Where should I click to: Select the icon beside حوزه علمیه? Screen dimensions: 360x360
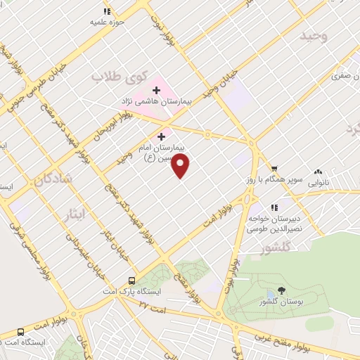pyautogui.click(x=107, y=11)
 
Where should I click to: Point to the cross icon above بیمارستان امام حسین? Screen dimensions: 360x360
pyautogui.click(x=162, y=136)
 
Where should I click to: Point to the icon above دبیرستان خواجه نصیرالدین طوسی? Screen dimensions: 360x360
pyautogui.click(x=274, y=207)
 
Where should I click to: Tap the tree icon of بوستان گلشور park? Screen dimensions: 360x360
pyautogui.click(x=282, y=290)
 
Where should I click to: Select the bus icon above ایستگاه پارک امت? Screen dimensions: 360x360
pyautogui.click(x=131, y=280)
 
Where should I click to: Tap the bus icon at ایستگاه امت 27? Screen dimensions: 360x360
pyautogui.click(x=20, y=331)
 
